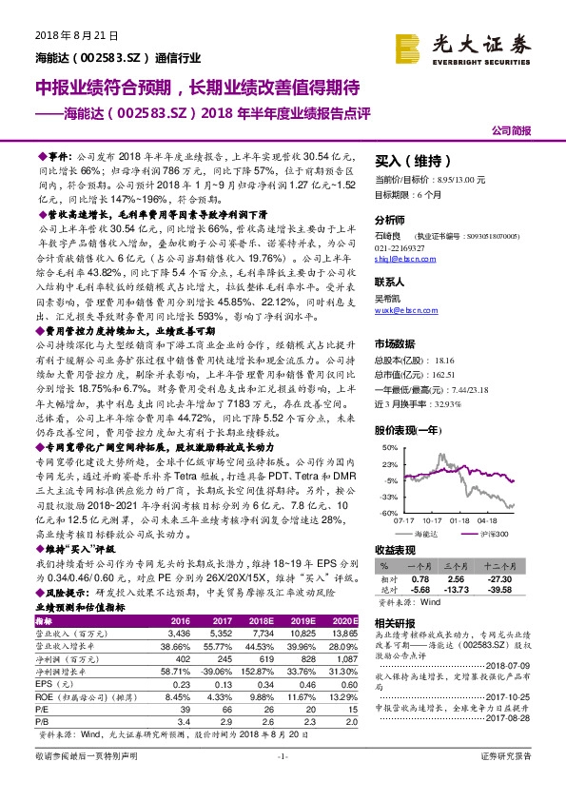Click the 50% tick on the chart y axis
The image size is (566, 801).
point(381,446)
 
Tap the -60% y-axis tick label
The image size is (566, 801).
point(381,513)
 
